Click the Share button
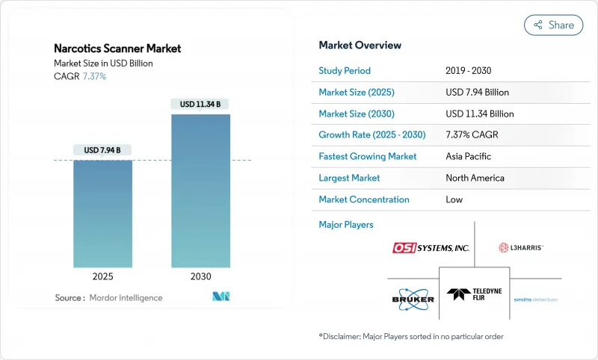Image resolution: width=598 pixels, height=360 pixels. click(553, 25)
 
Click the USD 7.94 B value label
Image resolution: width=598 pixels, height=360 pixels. click(103, 150)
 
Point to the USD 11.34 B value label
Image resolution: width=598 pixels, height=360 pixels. click(200, 105)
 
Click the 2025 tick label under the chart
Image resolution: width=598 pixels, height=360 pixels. click(103, 276)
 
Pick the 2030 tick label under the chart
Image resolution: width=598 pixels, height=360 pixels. click(200, 276)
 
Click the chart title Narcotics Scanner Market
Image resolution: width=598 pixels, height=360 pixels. click(117, 49)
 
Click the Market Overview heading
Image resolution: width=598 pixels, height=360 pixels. click(360, 46)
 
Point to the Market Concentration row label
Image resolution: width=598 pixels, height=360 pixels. click(364, 199)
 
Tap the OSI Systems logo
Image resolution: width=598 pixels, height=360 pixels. click(431, 247)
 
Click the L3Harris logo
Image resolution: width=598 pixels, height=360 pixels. click(521, 247)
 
